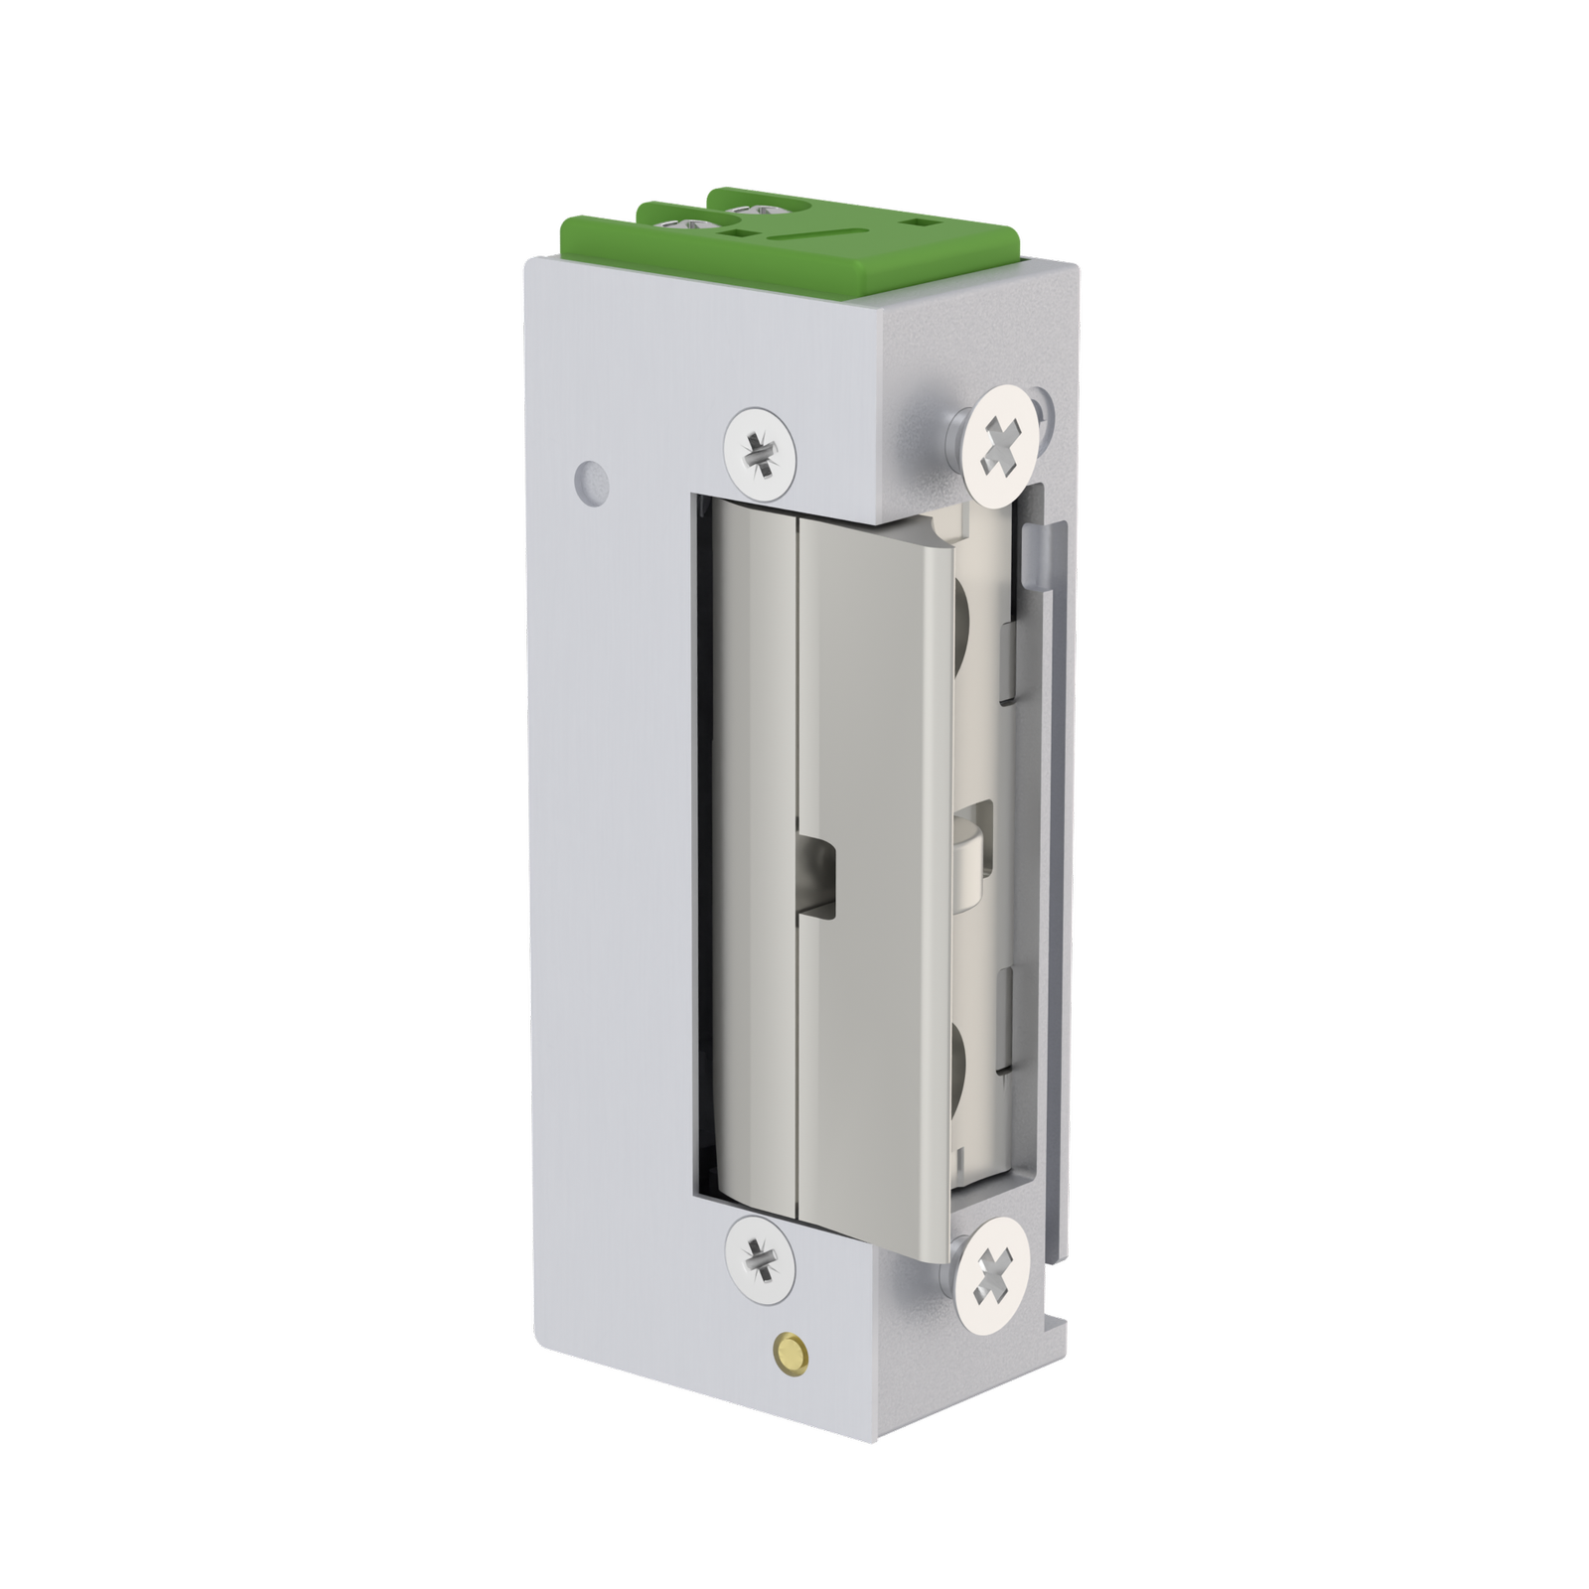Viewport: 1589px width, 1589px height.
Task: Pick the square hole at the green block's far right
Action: tap(927, 222)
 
